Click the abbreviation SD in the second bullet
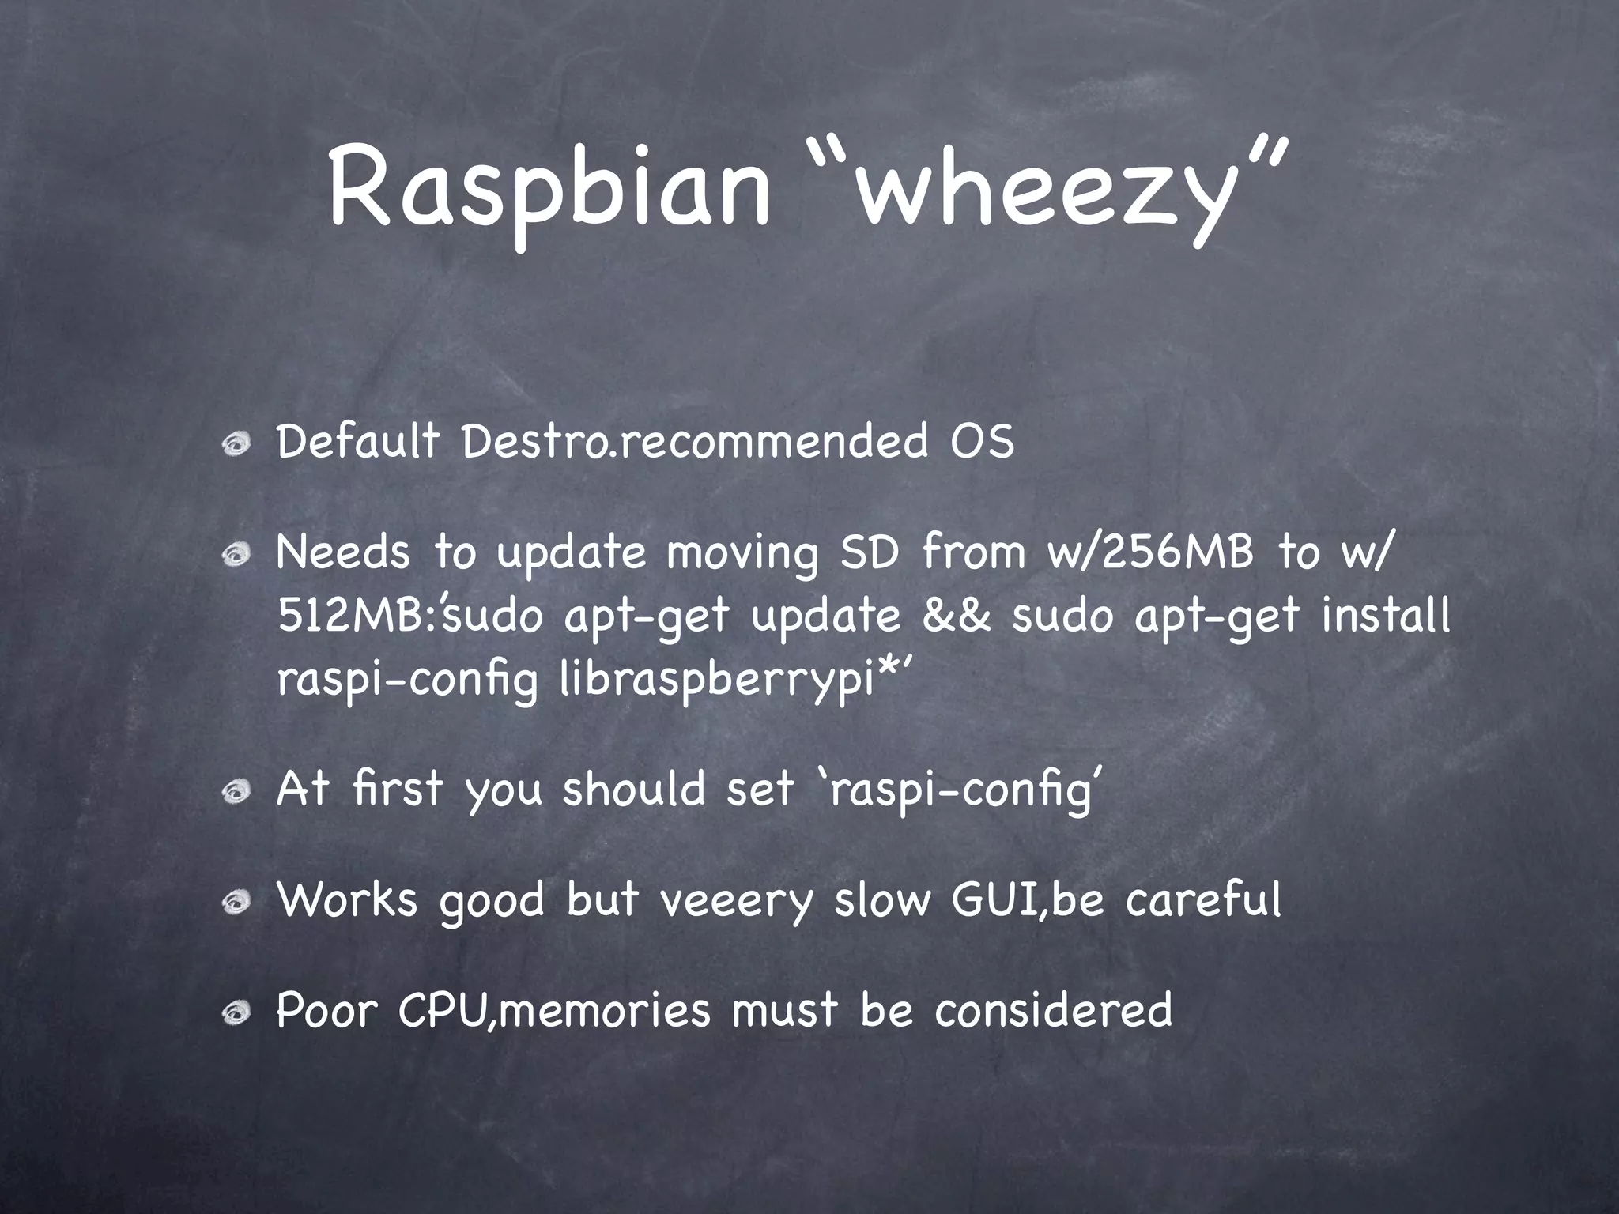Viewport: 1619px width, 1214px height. (x=869, y=552)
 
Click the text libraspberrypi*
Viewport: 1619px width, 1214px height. (x=726, y=680)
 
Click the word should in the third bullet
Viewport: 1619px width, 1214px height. (x=633, y=790)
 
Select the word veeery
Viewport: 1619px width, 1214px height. (x=736, y=900)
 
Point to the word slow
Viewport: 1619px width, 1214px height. (x=882, y=900)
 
